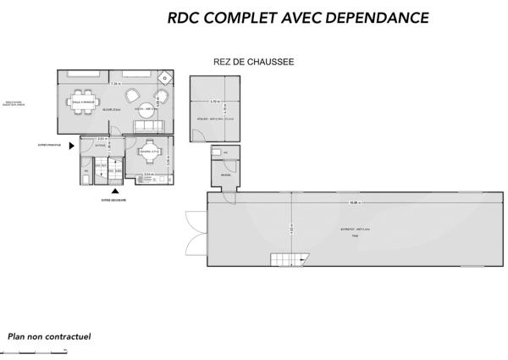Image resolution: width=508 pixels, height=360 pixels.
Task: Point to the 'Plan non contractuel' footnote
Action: pos(50,336)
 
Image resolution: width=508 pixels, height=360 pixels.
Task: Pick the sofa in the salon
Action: pos(150,126)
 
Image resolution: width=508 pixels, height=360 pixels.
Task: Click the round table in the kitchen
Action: pos(150,153)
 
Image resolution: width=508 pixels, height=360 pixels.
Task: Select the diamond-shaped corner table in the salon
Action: pos(165,77)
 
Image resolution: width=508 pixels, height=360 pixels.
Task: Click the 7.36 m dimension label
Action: pos(116,84)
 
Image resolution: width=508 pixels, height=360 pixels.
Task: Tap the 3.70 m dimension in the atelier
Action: pos(216,101)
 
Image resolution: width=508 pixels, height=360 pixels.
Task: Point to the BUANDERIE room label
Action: pos(225,175)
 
